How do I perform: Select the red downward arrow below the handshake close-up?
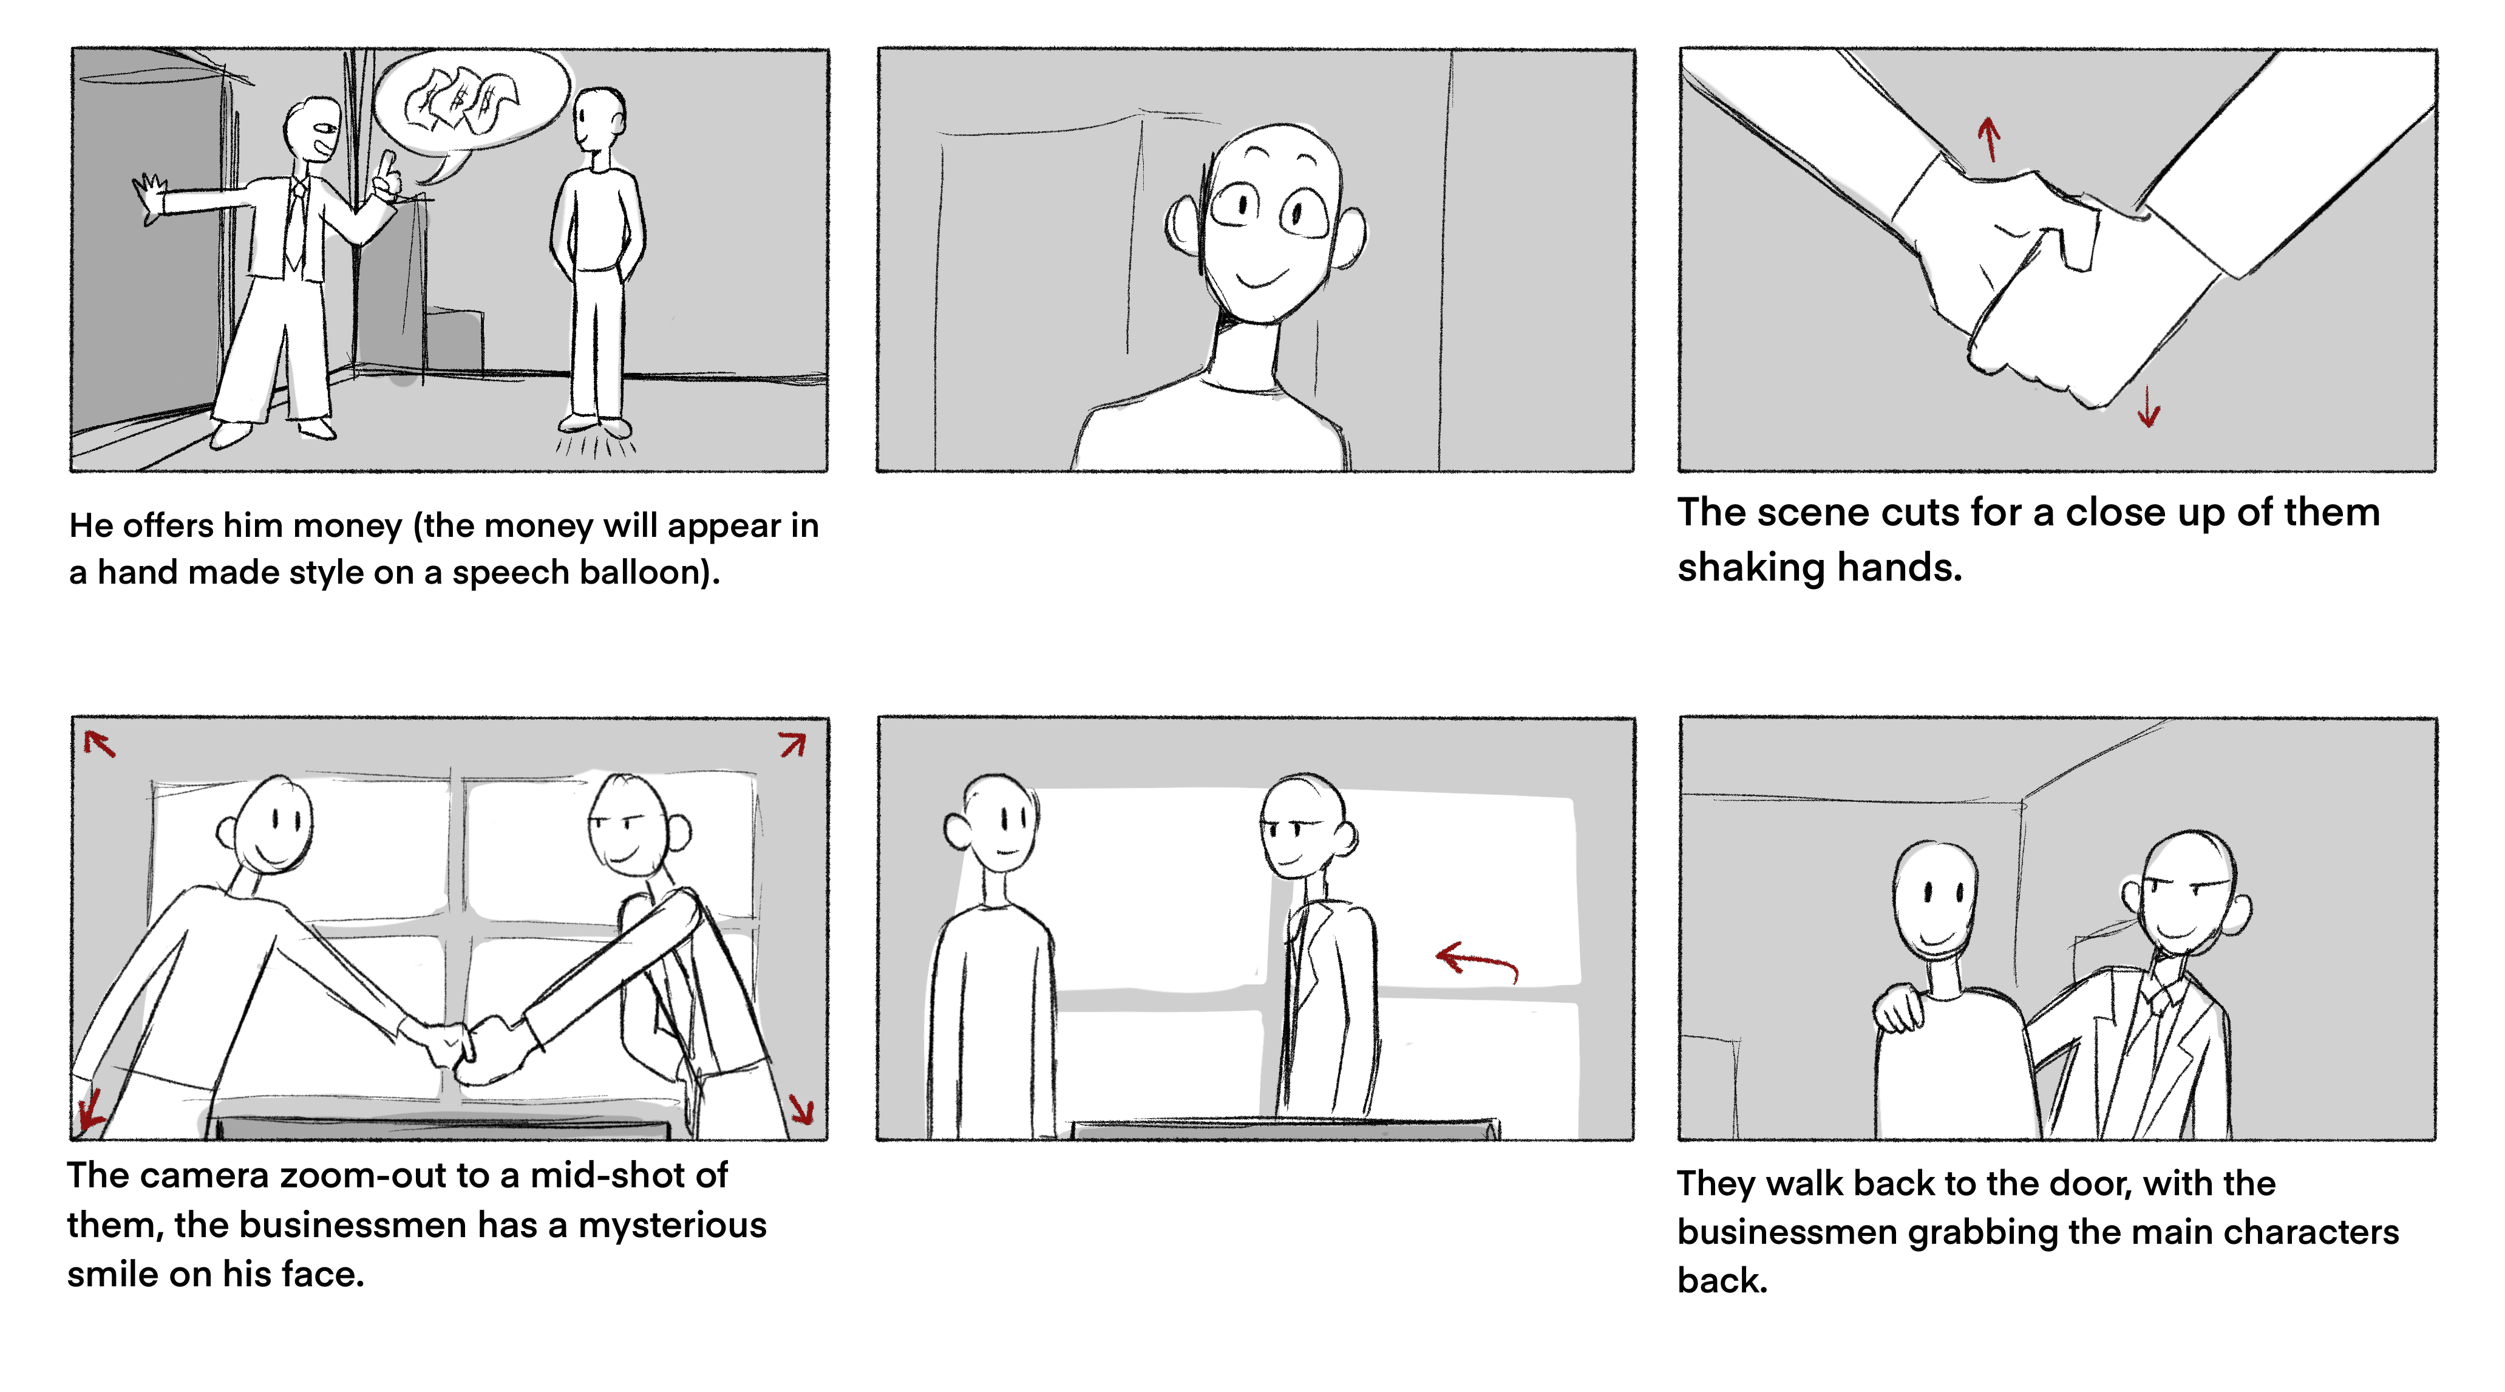click(x=2148, y=407)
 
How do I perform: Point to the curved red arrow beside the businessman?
click(x=1476, y=961)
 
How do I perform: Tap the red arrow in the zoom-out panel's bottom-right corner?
click(x=802, y=1109)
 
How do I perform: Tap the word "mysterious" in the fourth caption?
click(x=672, y=1226)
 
